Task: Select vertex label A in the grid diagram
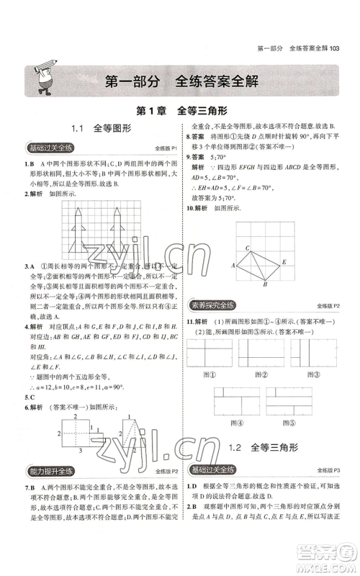tap(234, 266)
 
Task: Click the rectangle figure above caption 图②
tap(262, 354)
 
